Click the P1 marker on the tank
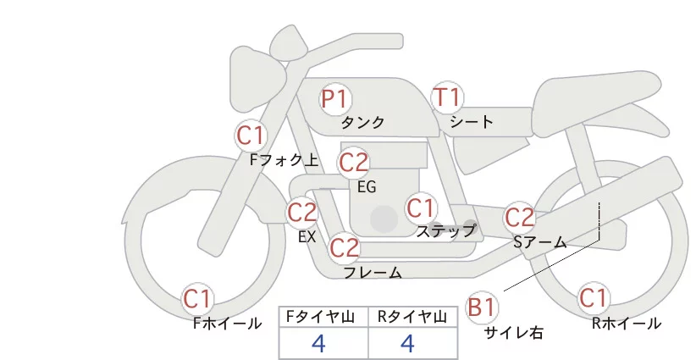click(335, 99)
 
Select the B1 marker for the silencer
click(482, 307)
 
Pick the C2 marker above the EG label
click(353, 161)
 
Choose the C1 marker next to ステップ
click(420, 208)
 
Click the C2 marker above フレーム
click(344, 247)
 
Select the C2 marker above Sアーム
click(520, 217)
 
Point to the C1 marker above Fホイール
click(198, 298)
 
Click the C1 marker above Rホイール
click(593, 298)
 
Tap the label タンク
click(362, 122)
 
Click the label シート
click(472, 121)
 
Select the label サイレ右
click(514, 333)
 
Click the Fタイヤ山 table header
click(323, 316)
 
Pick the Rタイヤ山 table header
click(413, 316)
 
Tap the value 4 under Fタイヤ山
click(318, 342)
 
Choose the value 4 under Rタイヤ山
click(408, 342)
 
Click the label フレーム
click(373, 272)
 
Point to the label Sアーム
click(539, 242)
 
